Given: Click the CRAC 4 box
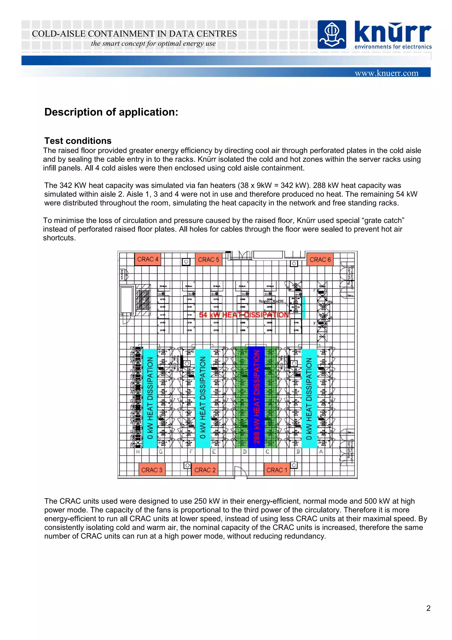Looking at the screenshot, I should [147, 259].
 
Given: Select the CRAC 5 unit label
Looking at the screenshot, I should [208, 259].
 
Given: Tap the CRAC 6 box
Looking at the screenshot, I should [320, 259].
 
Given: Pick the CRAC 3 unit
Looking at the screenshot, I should [152, 470].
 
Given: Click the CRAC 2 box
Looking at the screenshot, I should [205, 470].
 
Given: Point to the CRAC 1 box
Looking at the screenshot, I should [277, 470].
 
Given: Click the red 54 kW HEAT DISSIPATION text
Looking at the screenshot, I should [244, 315].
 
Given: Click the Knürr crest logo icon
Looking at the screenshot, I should [332, 35].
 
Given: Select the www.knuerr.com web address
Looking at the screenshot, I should [386, 73].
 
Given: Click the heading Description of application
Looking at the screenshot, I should [111, 112].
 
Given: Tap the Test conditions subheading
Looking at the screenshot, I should [78, 141].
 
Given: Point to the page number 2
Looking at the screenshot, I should [428, 608].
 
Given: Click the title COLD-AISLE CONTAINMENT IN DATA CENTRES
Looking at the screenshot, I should [134, 34].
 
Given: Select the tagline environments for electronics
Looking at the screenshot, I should [393, 47].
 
